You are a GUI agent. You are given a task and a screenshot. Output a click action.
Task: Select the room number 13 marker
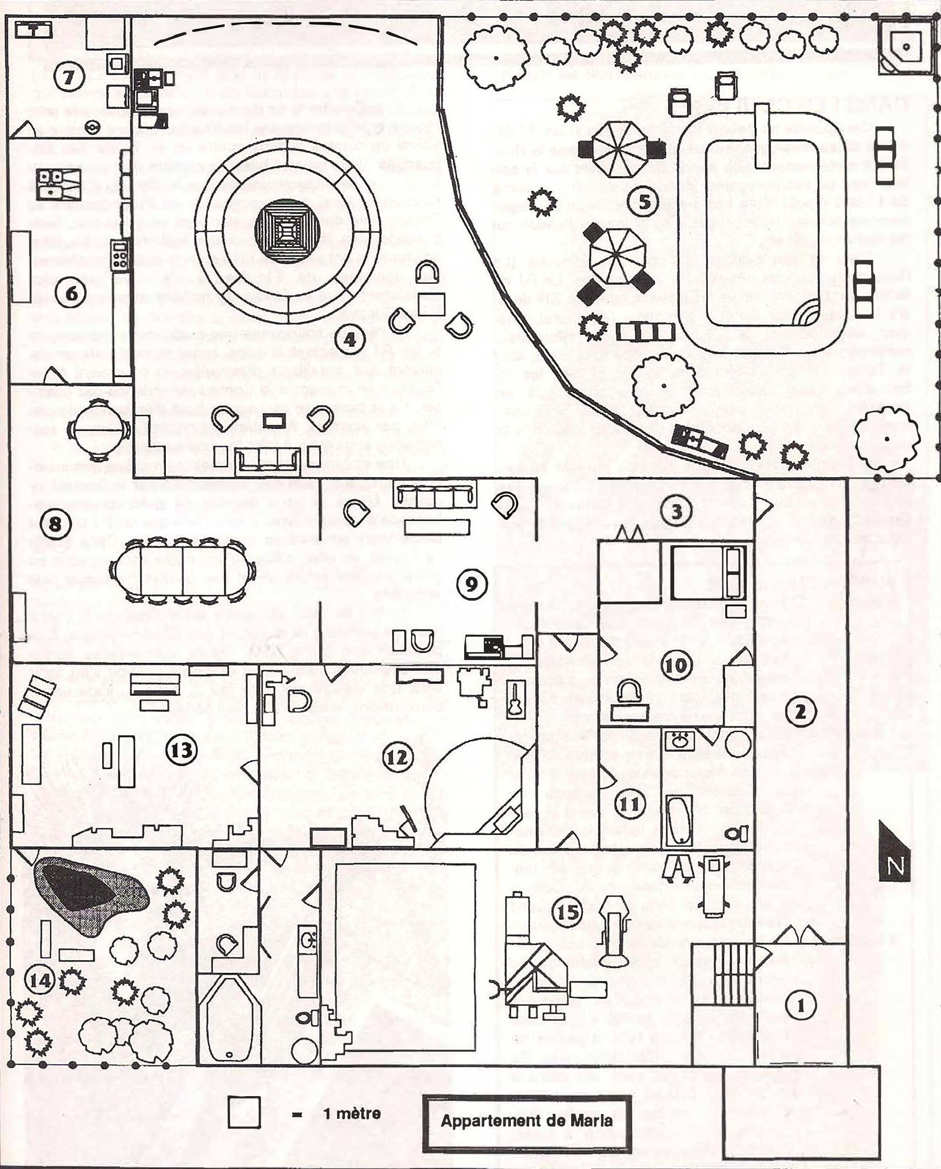pyautogui.click(x=181, y=750)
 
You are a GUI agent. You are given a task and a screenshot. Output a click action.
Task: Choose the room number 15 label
pyautogui.click(x=568, y=911)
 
